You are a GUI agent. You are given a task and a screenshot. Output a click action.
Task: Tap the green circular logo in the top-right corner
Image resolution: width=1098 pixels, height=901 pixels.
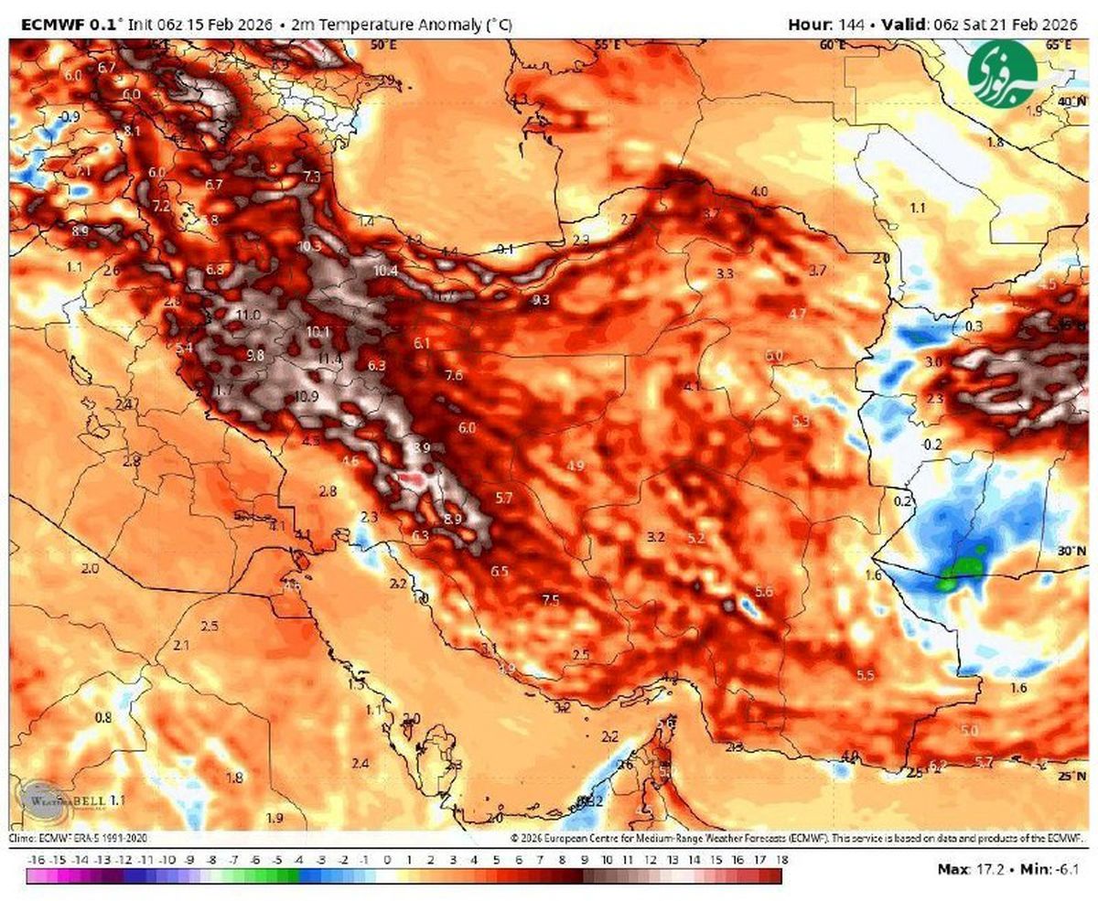[1003, 68]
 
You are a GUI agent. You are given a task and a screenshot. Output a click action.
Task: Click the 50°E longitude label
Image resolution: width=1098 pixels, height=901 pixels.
[383, 44]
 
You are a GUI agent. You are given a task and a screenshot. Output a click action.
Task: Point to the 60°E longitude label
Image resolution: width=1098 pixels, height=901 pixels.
[833, 44]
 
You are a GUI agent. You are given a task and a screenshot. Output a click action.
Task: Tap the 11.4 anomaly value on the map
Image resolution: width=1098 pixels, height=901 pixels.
[330, 359]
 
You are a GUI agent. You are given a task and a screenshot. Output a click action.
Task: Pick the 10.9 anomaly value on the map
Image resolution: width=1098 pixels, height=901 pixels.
[307, 396]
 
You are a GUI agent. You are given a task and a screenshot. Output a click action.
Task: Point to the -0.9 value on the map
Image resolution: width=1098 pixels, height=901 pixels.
[69, 116]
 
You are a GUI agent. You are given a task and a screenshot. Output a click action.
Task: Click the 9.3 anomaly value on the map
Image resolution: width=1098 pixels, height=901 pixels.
[541, 299]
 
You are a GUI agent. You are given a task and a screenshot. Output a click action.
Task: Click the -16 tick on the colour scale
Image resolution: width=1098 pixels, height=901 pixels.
[37, 861]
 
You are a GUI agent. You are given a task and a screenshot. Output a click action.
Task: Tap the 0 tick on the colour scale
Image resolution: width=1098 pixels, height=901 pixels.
[387, 861]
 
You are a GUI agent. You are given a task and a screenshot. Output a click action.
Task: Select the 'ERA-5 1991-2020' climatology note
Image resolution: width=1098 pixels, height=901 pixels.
[101, 837]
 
